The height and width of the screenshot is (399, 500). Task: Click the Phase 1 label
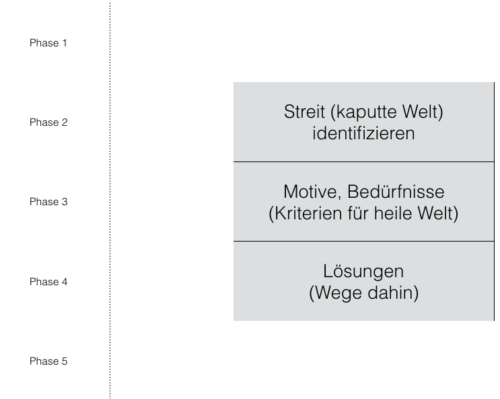point(48,43)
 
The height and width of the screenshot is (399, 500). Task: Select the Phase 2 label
point(48,122)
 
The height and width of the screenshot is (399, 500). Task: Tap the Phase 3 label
point(48,202)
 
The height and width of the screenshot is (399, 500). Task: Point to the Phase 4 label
point(48,282)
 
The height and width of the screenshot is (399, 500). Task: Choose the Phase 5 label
point(48,361)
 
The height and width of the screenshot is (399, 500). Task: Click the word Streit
point(305,112)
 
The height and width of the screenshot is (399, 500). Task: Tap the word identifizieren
point(363,133)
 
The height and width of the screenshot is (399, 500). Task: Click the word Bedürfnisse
point(396,192)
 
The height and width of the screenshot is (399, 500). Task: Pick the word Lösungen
point(363,272)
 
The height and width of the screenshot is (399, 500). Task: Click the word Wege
point(338,293)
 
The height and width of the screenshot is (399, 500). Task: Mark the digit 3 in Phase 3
point(65,202)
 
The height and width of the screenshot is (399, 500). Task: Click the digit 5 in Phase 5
point(65,361)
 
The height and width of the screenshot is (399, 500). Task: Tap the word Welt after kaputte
point(420,112)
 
